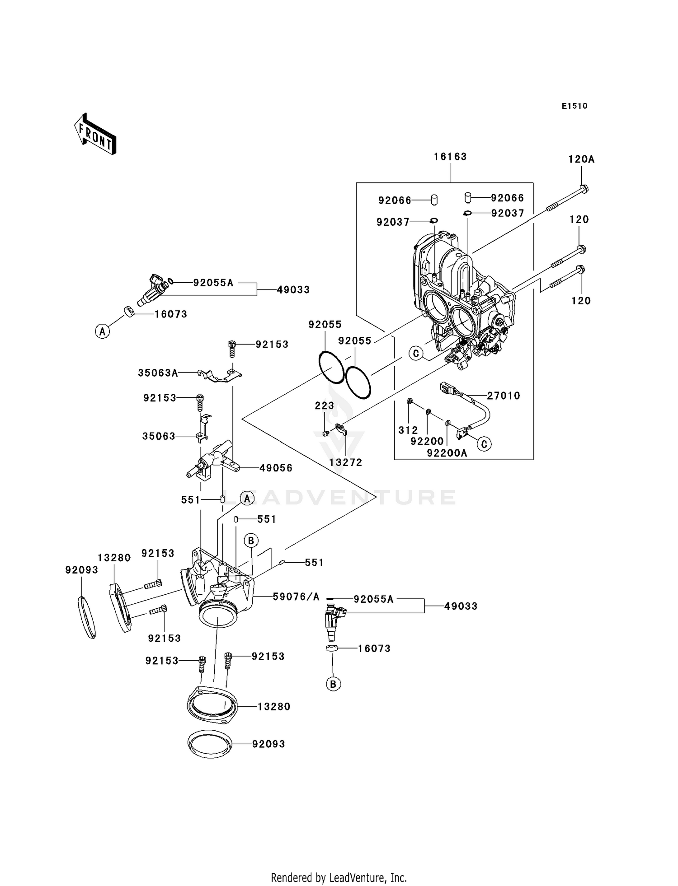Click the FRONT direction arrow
click(95, 135)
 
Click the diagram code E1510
click(574, 106)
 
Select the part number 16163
click(450, 157)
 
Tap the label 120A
click(581, 159)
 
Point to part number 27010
click(504, 396)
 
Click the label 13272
click(346, 462)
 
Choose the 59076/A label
click(296, 597)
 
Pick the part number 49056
click(276, 468)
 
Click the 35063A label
click(158, 373)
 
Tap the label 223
click(325, 406)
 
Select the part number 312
click(408, 430)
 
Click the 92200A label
click(447, 453)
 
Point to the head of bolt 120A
click(584, 189)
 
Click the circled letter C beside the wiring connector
click(484, 444)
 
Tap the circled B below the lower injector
click(333, 684)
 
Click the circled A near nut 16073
click(103, 331)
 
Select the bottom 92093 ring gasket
click(210, 744)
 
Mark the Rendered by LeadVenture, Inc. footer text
click(339, 877)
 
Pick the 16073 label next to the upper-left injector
click(170, 314)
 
